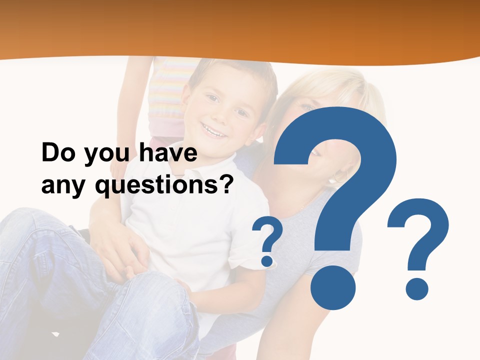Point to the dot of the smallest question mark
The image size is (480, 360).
[267, 260]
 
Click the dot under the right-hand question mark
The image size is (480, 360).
[416, 289]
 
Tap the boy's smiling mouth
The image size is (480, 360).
[214, 131]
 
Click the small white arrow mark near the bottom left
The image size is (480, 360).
[55, 333]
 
